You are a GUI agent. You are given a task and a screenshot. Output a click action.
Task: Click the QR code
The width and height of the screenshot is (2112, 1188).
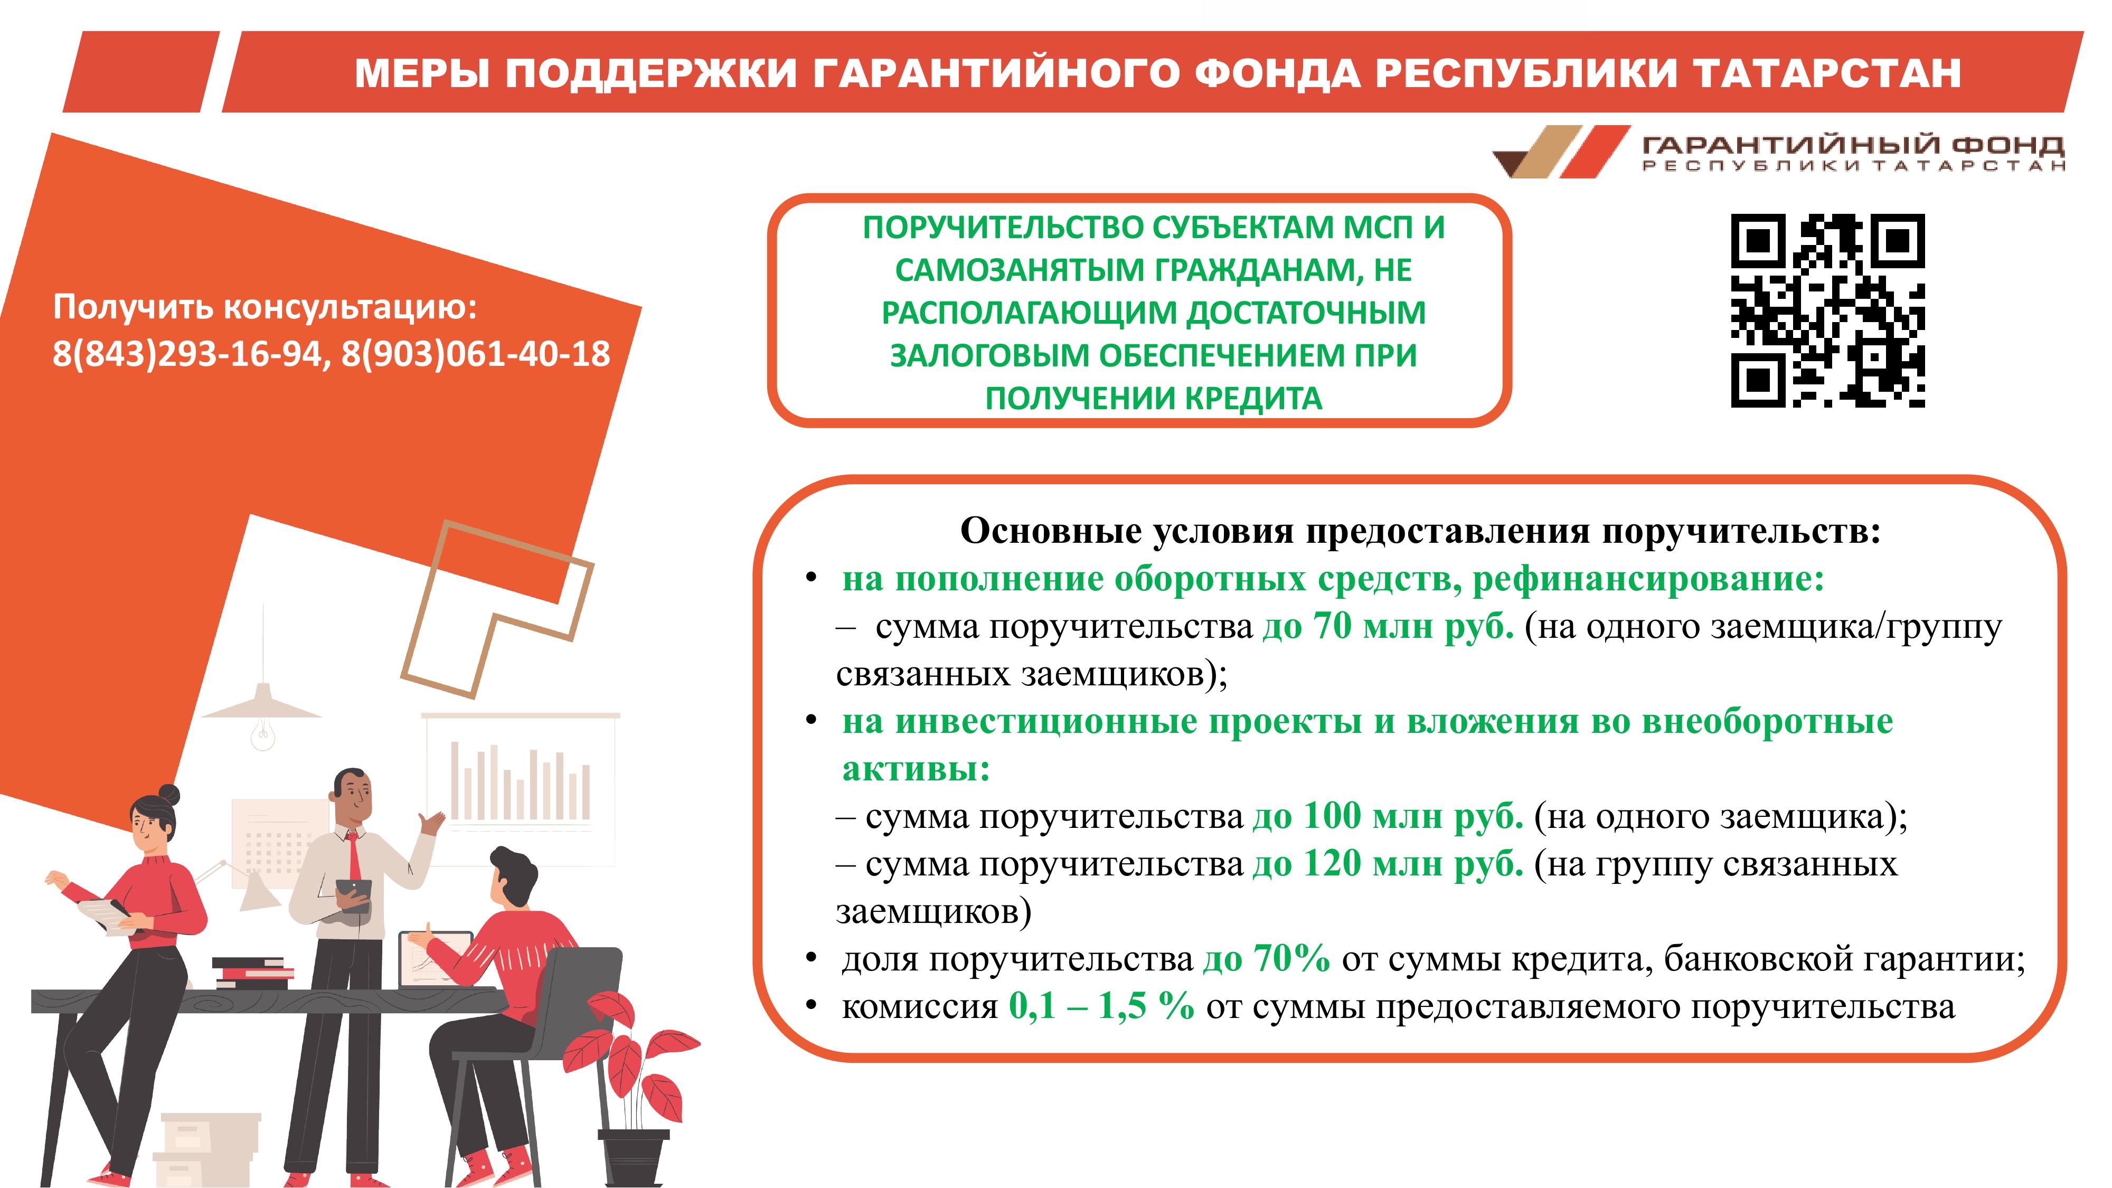click(x=1827, y=311)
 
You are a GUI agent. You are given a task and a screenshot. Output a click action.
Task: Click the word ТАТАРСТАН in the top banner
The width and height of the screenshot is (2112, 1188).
click(x=1827, y=73)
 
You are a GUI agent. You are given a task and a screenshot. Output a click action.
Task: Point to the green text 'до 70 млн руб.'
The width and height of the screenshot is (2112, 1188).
click(x=1388, y=626)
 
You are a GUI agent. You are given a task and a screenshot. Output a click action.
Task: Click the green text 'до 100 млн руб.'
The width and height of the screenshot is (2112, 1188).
click(x=1388, y=816)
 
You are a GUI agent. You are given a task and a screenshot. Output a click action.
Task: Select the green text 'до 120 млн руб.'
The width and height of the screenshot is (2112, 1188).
click(x=1388, y=863)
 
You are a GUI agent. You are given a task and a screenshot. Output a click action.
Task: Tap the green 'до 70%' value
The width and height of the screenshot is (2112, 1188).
click(x=1267, y=958)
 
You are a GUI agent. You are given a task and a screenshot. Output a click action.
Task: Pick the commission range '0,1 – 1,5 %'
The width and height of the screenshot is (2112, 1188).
click(x=1101, y=1006)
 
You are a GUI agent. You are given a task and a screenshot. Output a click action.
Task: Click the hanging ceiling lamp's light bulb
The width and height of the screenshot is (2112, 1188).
click(x=262, y=734)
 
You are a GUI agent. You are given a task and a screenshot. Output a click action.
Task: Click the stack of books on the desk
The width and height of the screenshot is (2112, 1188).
click(x=252, y=973)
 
